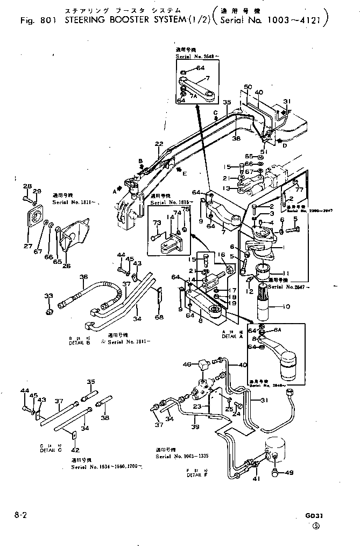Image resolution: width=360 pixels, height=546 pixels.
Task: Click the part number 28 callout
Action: pos(27,186)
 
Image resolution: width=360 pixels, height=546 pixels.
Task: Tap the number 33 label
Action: pos(48,296)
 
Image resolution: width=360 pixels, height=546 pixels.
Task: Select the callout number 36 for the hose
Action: pos(83,277)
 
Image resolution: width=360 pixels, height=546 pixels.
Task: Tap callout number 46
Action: pos(187,365)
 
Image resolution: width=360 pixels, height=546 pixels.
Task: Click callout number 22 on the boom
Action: pos(158,144)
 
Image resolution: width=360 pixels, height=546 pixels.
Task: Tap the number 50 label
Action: pos(248,87)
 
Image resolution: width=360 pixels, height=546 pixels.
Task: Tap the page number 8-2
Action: pos(22,515)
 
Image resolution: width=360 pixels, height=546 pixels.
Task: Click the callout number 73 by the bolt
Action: pos(157,222)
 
